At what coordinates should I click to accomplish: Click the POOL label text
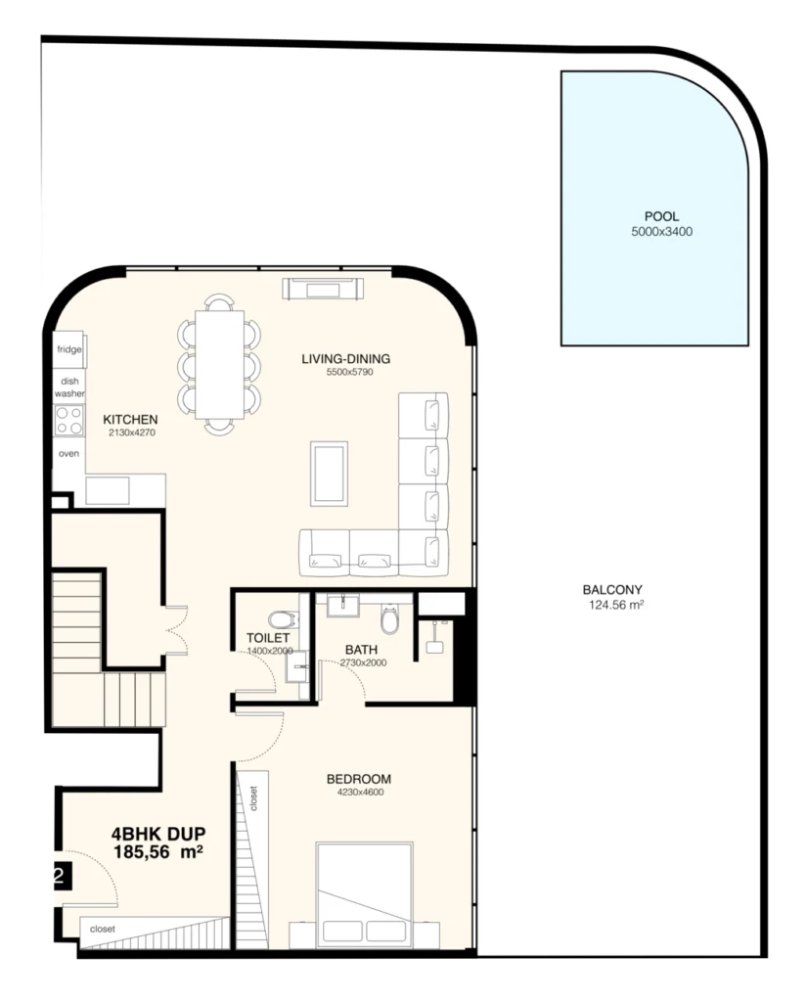[662, 216]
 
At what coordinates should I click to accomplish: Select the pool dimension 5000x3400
[662, 232]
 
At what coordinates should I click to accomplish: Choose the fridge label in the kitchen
[68, 348]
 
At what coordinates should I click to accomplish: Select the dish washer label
[68, 387]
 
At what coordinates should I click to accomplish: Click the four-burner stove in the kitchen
[68, 421]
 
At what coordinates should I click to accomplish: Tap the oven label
[68, 453]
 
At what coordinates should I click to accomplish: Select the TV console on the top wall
[323, 289]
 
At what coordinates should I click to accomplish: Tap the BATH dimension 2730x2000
[363, 662]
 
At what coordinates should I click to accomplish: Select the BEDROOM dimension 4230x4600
[358, 793]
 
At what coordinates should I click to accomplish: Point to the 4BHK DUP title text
[157, 835]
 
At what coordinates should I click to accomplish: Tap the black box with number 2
[57, 876]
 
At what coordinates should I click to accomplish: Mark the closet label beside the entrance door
[103, 929]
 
